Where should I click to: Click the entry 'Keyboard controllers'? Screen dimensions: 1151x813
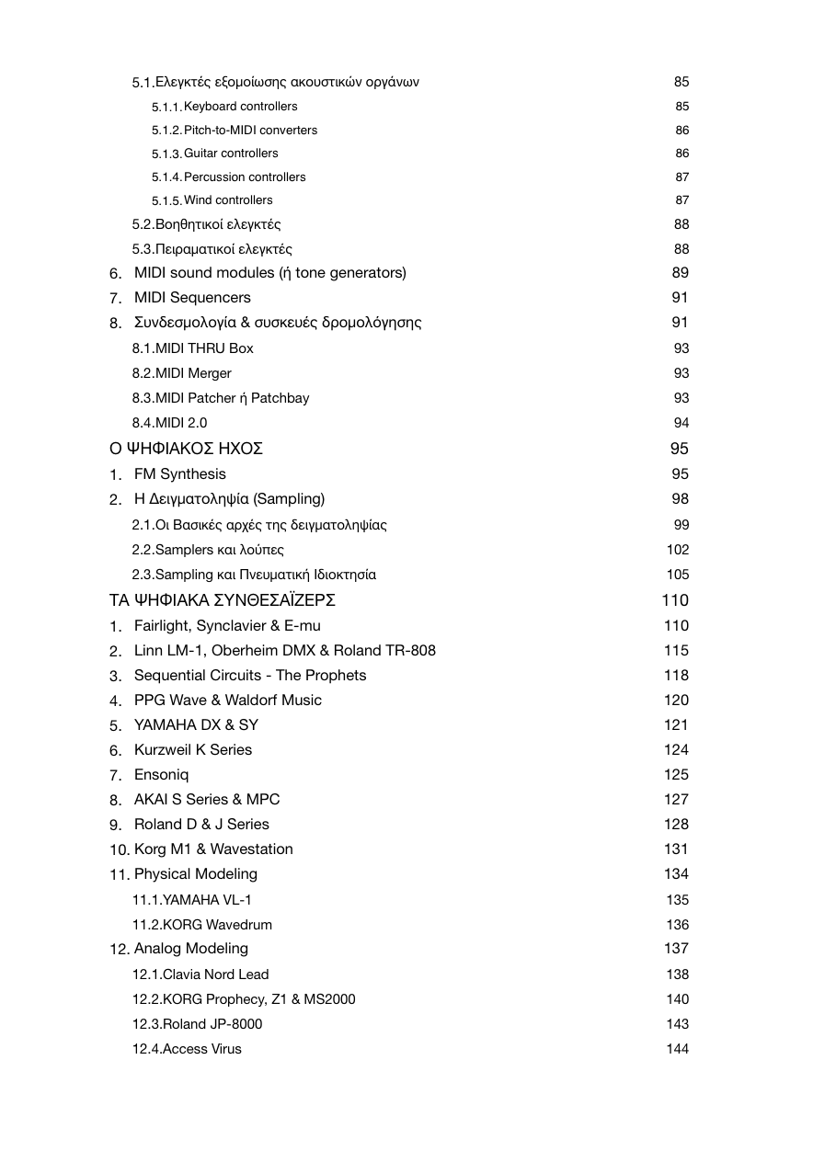[240, 107]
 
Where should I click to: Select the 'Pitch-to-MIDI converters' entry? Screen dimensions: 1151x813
[250, 131]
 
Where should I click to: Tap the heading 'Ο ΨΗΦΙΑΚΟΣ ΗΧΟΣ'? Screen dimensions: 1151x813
[187, 449]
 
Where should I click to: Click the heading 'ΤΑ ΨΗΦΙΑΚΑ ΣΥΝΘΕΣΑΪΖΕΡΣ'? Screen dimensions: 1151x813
[223, 600]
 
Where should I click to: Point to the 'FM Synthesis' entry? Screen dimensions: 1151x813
[179, 474]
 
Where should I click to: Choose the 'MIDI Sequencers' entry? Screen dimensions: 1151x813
[192, 298]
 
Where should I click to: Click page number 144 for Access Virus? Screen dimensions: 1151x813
[677, 1049]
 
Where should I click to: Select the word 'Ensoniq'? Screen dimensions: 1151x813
[162, 775]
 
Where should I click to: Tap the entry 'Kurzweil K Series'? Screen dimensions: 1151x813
[193, 750]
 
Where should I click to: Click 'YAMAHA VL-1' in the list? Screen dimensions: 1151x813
[206, 900]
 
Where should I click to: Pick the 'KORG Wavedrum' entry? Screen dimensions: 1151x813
[217, 925]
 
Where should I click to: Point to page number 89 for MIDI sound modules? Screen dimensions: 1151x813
[680, 273]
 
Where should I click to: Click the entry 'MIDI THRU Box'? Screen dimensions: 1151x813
[203, 348]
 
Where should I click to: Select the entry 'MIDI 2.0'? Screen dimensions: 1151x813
[180, 423]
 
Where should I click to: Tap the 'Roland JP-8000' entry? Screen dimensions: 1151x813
[212, 1024]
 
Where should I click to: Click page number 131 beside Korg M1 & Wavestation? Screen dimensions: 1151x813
[676, 849]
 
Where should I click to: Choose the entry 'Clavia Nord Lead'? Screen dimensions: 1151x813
[215, 974]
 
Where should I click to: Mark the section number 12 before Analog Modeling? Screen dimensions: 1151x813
[120, 950]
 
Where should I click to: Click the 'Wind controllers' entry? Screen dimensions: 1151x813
[228, 200]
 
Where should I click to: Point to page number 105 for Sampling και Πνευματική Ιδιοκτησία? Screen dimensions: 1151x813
[677, 575]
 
